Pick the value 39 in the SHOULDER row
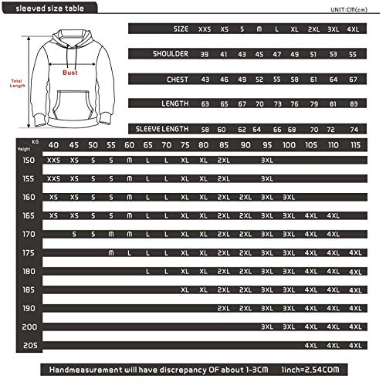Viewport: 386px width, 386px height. pyautogui.click(x=204, y=54)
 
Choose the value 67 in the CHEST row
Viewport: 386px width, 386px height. pyautogui.click(x=354, y=79)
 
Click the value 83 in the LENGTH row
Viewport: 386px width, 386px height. pyautogui.click(x=354, y=103)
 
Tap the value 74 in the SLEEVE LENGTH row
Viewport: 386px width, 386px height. pyautogui.click(x=354, y=129)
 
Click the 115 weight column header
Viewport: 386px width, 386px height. pyautogui.click(x=354, y=144)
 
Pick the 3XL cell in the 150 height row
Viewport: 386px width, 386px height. pyautogui.click(x=267, y=160)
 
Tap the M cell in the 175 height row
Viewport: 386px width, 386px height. pyautogui.click(x=111, y=252)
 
